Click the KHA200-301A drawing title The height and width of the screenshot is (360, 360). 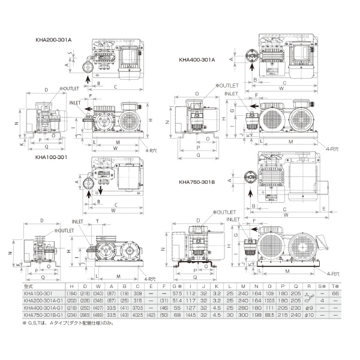53,39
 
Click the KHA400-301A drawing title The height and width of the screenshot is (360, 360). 197,59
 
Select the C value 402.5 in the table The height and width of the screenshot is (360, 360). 139,314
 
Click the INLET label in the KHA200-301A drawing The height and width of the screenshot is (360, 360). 77,102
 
